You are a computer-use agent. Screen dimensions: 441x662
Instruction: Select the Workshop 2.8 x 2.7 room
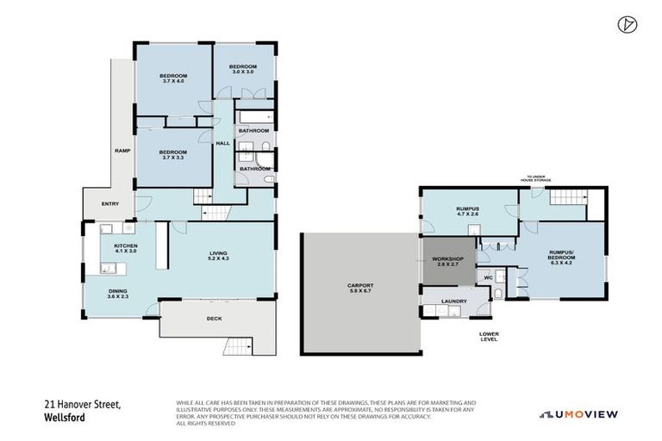pos(449,262)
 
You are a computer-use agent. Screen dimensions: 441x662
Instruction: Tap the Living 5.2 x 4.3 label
pos(217,256)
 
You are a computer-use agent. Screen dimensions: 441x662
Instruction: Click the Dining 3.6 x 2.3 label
pos(118,294)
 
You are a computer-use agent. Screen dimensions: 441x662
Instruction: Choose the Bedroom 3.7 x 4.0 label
pos(172,79)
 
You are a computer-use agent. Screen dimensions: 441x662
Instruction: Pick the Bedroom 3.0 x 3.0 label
pos(242,69)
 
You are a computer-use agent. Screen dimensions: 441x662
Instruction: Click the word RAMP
pos(122,151)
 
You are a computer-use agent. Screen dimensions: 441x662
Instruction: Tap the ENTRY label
pos(110,204)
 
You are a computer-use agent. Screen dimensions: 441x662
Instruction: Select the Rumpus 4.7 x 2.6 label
pos(468,212)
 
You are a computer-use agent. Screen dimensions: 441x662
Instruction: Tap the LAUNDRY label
pos(453,301)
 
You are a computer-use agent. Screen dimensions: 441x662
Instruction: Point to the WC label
pos(487,278)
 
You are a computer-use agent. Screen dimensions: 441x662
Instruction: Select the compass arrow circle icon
pos(626,24)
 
